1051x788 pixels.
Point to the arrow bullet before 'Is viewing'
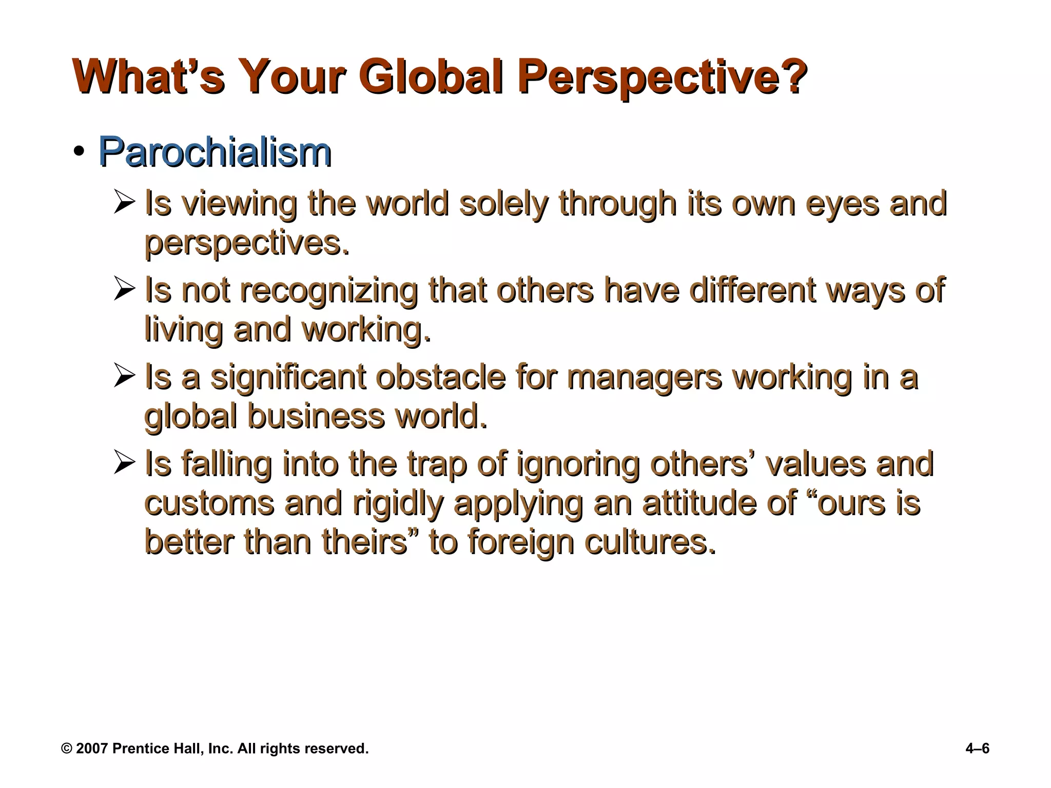[124, 202]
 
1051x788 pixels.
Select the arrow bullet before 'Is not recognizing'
[124, 289]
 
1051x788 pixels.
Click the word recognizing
[329, 290]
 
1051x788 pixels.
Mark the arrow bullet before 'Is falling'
[124, 463]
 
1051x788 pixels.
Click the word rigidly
[398, 503]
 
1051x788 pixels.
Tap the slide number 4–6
[977, 748]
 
